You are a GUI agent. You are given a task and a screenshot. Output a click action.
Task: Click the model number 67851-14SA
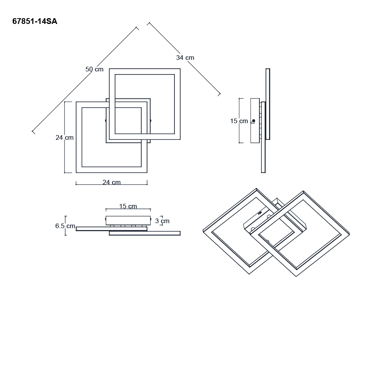click(x=35, y=21)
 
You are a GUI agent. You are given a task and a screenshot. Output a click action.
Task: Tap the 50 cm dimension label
click(x=94, y=69)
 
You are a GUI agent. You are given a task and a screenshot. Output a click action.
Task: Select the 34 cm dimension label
click(x=185, y=58)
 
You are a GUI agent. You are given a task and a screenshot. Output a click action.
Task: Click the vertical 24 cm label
click(x=64, y=137)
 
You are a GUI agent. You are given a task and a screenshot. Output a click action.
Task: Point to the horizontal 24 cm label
click(x=112, y=182)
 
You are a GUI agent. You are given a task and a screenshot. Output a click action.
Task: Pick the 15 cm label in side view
click(x=239, y=121)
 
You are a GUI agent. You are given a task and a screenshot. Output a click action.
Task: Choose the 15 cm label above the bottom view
click(x=128, y=206)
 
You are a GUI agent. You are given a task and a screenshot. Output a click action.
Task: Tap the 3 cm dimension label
click(x=162, y=221)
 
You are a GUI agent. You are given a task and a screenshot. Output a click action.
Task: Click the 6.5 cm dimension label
click(x=65, y=226)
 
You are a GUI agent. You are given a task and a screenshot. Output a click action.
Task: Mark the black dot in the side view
click(x=254, y=120)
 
